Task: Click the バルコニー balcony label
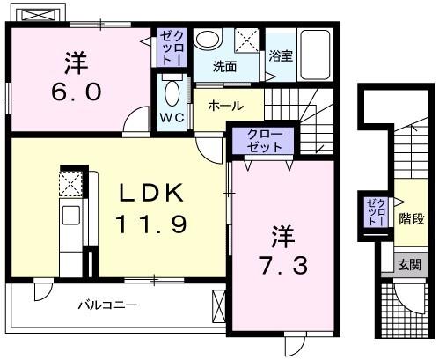click(106, 305)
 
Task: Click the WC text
click(172, 116)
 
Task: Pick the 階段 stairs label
click(407, 217)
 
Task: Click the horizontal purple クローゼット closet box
click(265, 141)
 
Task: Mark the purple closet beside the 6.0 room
click(169, 49)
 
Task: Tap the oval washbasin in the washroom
click(208, 40)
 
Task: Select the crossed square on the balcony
click(219, 308)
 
